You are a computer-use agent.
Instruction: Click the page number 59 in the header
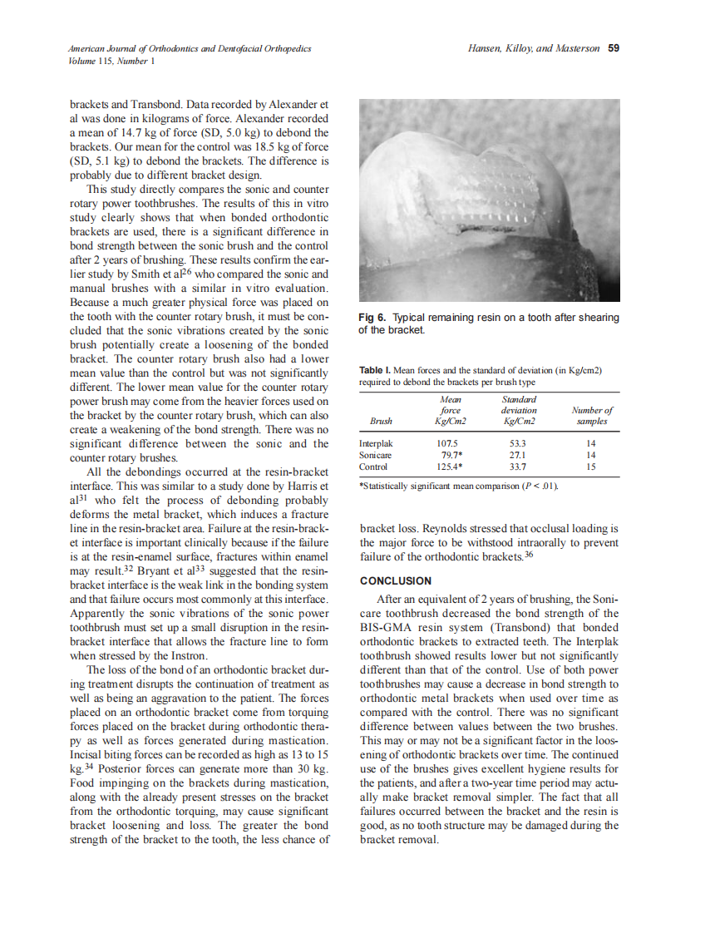point(614,48)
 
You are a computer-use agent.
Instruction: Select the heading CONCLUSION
point(395,580)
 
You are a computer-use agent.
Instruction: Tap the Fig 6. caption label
point(374,318)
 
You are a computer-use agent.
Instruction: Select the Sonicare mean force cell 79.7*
point(451,455)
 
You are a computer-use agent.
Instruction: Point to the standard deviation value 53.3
point(517,444)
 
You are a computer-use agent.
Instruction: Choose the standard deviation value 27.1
point(517,455)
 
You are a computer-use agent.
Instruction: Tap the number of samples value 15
point(591,466)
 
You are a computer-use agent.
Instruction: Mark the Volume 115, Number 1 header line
point(111,61)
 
